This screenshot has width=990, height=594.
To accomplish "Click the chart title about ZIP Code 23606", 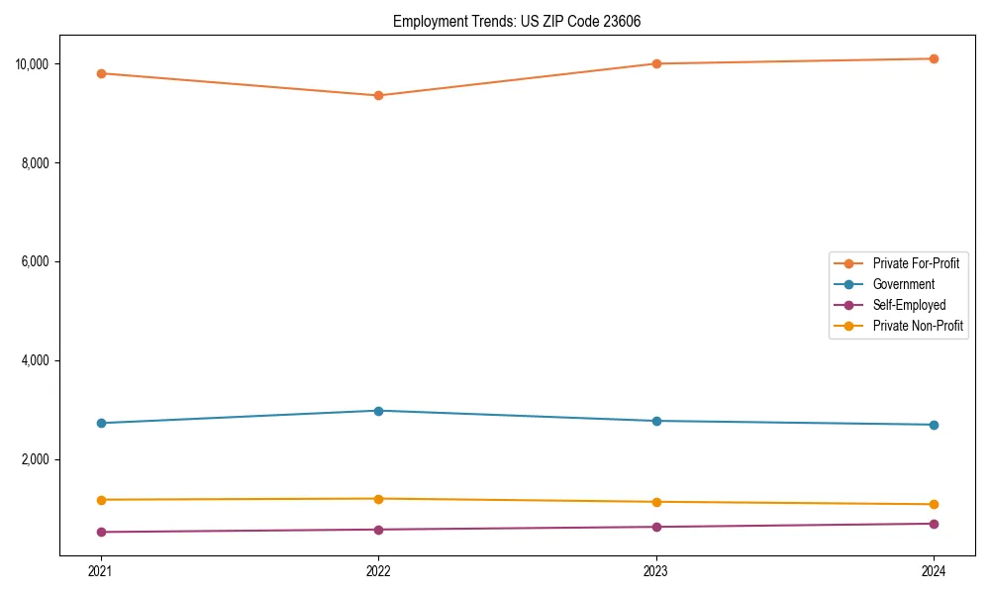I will pos(517,22).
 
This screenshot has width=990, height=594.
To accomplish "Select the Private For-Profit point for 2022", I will pos(378,96).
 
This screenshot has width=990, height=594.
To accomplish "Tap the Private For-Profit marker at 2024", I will pos(934,58).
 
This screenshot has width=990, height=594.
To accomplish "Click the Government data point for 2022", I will pos(378,411).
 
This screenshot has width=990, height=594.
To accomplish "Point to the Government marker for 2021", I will pos(101,423).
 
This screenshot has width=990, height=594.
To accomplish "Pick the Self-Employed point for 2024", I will pos(934,524).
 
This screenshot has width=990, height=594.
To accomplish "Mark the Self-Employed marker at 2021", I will pos(101,532).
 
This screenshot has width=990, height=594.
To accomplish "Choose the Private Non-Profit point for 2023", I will pos(656,502).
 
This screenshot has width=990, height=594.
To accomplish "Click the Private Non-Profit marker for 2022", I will pos(378,499).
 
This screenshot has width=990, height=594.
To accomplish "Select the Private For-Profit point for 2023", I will pos(656,63).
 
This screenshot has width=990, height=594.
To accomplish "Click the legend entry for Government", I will pos(903,284).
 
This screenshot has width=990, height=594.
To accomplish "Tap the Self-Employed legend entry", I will pos(909,305).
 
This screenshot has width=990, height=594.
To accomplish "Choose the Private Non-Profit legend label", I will pos(918,326).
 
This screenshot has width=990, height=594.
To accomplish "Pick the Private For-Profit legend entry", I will pos(916,263).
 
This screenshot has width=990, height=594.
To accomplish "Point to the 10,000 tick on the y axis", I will pos(32,64).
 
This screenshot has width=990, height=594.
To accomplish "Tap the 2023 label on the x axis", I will pos(656,570).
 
